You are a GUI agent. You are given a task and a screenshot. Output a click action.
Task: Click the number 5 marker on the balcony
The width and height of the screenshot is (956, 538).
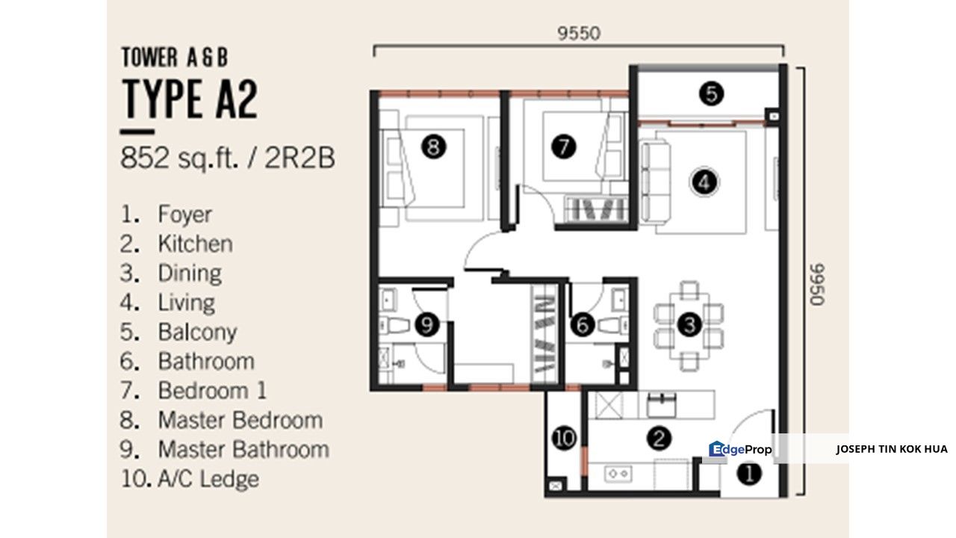point(712,93)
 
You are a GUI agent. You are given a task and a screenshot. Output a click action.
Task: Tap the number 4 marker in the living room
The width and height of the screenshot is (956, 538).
point(704,182)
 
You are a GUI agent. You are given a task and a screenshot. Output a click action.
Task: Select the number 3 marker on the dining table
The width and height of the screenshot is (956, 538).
point(689,324)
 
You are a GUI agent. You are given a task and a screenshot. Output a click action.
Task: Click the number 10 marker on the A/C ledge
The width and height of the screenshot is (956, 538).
point(564,438)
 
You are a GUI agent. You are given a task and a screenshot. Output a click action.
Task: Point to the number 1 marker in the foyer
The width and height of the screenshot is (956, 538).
point(749,474)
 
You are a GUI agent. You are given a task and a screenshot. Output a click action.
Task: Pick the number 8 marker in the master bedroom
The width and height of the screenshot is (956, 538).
point(434,147)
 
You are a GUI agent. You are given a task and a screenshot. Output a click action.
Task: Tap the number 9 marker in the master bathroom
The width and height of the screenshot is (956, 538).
point(426,324)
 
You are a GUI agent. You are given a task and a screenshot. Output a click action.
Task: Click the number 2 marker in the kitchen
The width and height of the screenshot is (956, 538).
point(659,439)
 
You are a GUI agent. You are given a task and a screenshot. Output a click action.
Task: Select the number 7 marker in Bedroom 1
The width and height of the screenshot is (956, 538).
point(563,146)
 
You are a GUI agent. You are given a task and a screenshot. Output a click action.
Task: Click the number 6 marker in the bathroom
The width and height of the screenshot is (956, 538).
point(583,324)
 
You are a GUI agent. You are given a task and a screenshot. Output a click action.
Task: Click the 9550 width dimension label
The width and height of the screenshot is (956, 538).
point(579,34)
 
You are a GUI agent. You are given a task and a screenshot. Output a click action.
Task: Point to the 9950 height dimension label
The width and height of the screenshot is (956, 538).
point(818,285)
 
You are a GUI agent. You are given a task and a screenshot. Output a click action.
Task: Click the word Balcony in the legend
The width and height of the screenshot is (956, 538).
point(197,333)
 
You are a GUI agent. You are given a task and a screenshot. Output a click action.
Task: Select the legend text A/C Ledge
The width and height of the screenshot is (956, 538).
point(208,479)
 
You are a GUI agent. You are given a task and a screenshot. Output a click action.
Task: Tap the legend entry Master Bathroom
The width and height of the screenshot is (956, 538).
point(243,450)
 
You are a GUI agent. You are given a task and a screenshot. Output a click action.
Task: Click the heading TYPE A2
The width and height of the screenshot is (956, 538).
point(190,99)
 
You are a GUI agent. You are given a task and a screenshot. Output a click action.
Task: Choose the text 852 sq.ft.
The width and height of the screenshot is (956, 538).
point(179,158)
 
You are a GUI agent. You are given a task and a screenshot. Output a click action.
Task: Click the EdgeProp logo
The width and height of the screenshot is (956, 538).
point(740,449)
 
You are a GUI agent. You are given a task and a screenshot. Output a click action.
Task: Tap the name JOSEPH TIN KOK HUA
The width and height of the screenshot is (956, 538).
point(892,449)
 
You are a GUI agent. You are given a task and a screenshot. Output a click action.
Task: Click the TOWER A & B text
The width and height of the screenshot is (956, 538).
point(175,58)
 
